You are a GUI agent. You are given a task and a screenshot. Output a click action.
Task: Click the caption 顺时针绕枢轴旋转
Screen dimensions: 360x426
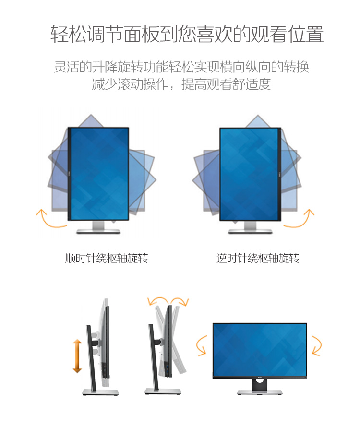tap(107, 258)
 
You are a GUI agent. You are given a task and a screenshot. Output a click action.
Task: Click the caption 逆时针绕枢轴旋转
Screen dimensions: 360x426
tap(258, 258)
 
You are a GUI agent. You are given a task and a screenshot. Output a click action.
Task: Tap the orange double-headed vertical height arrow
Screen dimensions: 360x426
tap(77, 355)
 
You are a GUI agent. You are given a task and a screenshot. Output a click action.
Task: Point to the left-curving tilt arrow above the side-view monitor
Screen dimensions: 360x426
tap(158, 299)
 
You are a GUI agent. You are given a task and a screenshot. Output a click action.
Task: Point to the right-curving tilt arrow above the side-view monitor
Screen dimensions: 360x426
tap(180, 300)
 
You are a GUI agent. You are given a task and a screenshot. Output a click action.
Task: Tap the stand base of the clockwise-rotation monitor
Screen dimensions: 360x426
tap(98, 231)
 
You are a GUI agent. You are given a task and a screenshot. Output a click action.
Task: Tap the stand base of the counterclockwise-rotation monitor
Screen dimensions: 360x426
tap(250, 231)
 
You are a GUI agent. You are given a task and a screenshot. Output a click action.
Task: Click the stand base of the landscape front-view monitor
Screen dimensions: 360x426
tap(260, 392)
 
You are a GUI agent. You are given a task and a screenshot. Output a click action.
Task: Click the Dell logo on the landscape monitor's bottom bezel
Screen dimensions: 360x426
tap(260, 377)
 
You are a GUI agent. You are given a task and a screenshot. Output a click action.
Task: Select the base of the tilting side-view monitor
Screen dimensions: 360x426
tap(163, 391)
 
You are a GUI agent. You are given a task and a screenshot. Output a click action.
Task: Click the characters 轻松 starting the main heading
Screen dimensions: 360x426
tap(68, 34)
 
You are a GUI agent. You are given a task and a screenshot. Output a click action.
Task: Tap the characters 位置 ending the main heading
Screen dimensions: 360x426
tap(306, 34)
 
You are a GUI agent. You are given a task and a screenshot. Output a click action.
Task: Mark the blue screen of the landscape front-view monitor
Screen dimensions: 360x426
tap(260, 349)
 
